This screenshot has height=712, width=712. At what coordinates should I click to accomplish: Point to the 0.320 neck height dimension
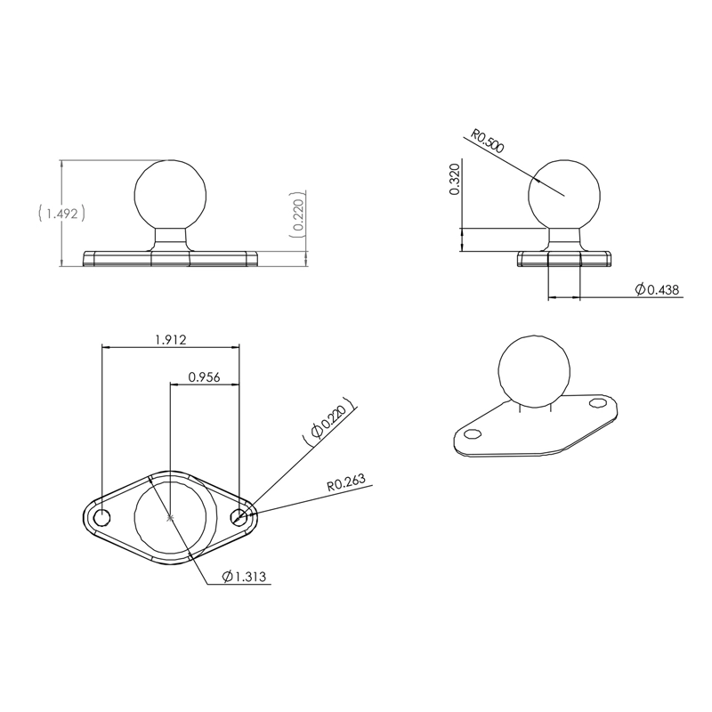tap(455, 181)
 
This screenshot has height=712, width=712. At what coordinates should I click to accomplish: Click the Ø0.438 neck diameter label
tap(658, 289)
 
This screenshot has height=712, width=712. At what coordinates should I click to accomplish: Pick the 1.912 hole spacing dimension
tap(170, 340)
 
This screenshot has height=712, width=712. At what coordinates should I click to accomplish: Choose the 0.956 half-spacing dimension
tap(205, 376)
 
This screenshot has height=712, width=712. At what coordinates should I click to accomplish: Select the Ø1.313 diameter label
tap(247, 578)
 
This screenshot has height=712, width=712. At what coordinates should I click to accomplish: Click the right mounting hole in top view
tap(239, 516)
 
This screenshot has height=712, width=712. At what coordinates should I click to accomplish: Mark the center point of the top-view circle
tap(170, 517)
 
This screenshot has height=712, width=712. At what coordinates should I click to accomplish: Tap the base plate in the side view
tap(565, 258)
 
